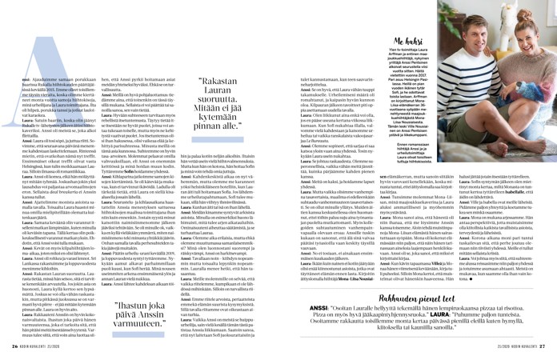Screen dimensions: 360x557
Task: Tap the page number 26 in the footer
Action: coord(15,346)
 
